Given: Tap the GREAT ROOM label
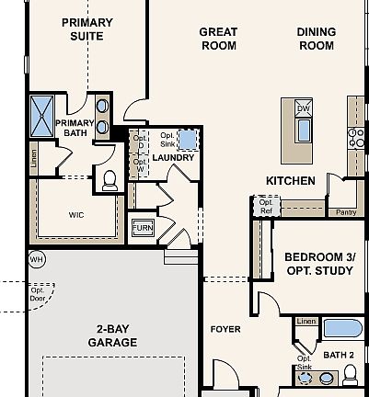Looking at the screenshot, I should (218, 38).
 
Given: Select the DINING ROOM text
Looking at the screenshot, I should (316, 38).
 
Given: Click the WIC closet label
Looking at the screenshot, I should (76, 216).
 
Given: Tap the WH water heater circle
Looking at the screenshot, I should (37, 259).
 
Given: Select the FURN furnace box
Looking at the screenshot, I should (143, 227).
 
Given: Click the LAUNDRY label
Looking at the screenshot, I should (173, 157).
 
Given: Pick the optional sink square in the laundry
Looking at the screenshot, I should (189, 139).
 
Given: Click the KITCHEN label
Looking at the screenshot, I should (291, 181).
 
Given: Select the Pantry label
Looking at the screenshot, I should (346, 212).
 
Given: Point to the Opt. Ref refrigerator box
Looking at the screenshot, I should (266, 207).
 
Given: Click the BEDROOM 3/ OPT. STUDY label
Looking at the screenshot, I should (318, 263).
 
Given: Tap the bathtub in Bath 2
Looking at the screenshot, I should (342, 328).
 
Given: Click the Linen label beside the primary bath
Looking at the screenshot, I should (34, 159).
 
